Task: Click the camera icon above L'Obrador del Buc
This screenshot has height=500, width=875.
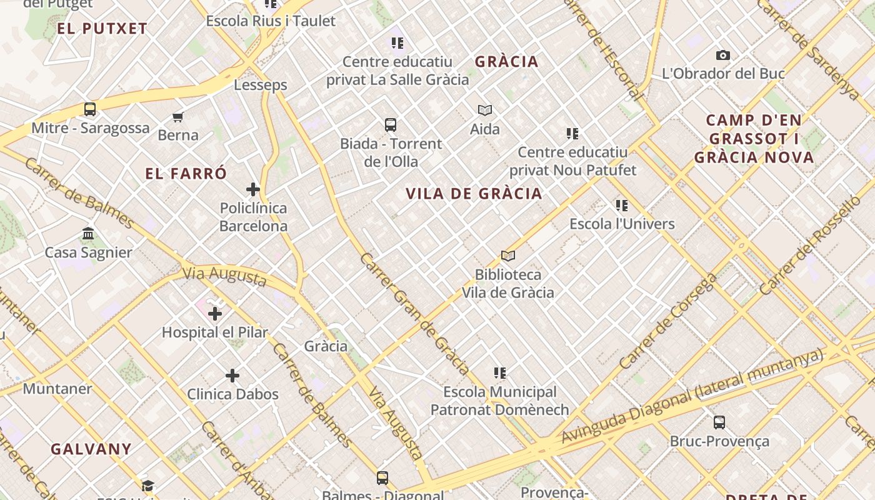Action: (x=723, y=56)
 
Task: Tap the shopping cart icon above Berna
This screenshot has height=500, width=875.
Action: (x=177, y=117)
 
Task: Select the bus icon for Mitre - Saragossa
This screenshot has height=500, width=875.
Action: (x=90, y=109)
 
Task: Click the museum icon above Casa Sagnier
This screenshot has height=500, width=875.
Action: (x=88, y=234)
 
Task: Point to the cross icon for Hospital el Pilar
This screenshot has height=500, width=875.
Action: (x=215, y=313)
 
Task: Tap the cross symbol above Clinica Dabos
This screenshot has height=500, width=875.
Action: (x=232, y=376)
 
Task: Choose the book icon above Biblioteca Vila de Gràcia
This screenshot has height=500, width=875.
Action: (x=508, y=256)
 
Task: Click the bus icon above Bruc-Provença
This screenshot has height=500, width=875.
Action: (x=719, y=422)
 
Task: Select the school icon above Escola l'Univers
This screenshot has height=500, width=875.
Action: (x=622, y=205)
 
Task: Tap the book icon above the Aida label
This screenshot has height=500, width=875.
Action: (x=485, y=111)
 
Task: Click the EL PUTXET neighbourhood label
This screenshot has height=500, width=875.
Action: (x=102, y=28)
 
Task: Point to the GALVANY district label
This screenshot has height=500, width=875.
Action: (x=91, y=449)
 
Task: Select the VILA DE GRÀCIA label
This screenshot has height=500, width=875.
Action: (x=474, y=194)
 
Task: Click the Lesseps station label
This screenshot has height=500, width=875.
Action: (x=261, y=85)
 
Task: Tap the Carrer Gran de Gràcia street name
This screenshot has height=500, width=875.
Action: (x=413, y=314)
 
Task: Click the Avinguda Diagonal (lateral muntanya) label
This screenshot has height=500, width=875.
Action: (x=692, y=396)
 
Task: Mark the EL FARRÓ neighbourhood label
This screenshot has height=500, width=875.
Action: (x=186, y=174)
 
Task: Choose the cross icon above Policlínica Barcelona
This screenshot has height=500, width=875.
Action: (x=253, y=189)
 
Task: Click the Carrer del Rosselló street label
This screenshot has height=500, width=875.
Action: (x=810, y=245)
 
